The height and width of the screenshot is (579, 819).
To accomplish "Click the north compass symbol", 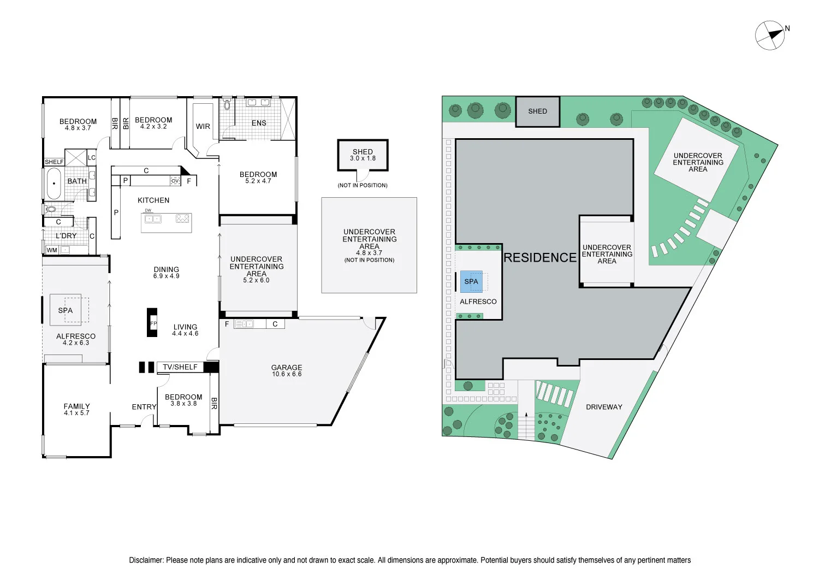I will [770, 36].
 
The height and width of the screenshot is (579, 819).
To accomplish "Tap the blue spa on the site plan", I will [471, 281].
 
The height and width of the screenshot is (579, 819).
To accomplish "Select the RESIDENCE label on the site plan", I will [539, 257].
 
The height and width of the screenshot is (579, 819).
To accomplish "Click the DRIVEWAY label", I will [604, 407].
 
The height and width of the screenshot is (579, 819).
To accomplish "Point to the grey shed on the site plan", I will [538, 111].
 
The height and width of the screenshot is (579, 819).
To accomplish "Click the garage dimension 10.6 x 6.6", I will [287, 374].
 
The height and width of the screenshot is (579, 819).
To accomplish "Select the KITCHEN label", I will [153, 200].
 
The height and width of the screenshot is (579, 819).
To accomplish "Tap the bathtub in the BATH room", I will [54, 183].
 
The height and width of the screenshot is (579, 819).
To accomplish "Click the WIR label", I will [203, 126].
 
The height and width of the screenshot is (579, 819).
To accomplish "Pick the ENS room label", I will [259, 123].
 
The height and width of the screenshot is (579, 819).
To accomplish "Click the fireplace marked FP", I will [152, 323].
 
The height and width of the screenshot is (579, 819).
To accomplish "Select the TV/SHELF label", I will [180, 367].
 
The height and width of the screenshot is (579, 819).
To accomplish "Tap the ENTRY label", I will [144, 407].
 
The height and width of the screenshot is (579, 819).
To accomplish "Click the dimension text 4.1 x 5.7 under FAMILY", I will [76, 413].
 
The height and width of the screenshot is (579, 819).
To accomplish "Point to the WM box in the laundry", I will [52, 250].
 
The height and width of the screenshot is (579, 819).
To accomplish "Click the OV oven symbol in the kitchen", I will [175, 181].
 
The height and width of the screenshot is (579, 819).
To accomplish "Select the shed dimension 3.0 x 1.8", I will [363, 158].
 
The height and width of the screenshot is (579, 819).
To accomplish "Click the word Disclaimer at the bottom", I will [146, 560].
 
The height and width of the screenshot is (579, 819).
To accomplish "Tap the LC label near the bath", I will [92, 158].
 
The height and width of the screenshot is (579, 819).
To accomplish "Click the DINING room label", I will [167, 269].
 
